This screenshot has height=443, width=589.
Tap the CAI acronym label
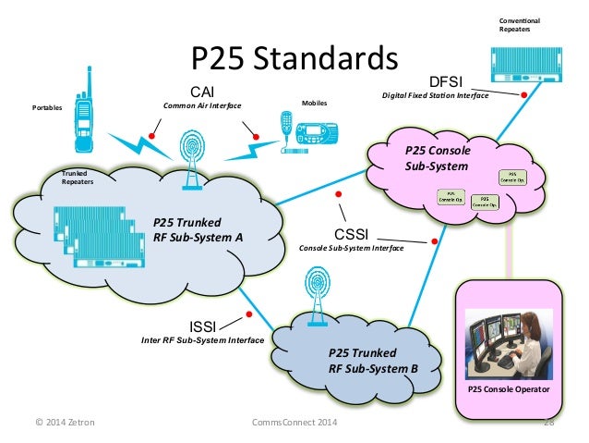(x=201, y=92)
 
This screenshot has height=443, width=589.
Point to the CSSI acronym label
(x=351, y=233)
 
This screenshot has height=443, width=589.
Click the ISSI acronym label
(x=205, y=325)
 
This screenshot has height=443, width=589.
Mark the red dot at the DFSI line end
(x=524, y=94)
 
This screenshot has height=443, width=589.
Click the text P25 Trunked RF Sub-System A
(x=198, y=228)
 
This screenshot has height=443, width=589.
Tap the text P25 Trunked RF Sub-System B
(x=373, y=361)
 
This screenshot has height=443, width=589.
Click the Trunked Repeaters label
(x=78, y=178)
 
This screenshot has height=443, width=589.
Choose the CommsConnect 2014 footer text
(x=294, y=423)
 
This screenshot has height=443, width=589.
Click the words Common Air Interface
(x=201, y=106)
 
